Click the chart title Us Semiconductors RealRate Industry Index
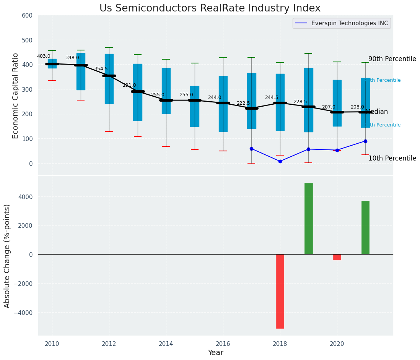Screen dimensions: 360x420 (210, 8)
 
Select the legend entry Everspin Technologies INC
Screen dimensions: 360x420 (349, 23)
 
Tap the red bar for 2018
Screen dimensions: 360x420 (280, 291)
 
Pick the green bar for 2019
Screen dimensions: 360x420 (308, 219)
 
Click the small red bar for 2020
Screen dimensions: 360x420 (337, 257)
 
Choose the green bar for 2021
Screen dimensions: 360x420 (365, 227)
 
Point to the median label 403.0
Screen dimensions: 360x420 (44, 56)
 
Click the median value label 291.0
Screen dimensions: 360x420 (129, 85)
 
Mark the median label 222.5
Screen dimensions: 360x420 (243, 103)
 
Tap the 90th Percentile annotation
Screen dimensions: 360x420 (392, 59)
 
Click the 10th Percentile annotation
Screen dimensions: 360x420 (392, 158)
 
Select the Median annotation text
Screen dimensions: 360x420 (376, 112)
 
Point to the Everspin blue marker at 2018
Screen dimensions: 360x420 (280, 161)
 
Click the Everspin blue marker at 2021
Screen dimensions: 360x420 (365, 141)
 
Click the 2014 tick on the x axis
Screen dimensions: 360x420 (166, 344)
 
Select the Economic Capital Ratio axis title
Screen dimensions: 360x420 (15, 96)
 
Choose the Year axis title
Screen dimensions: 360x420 (215, 353)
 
